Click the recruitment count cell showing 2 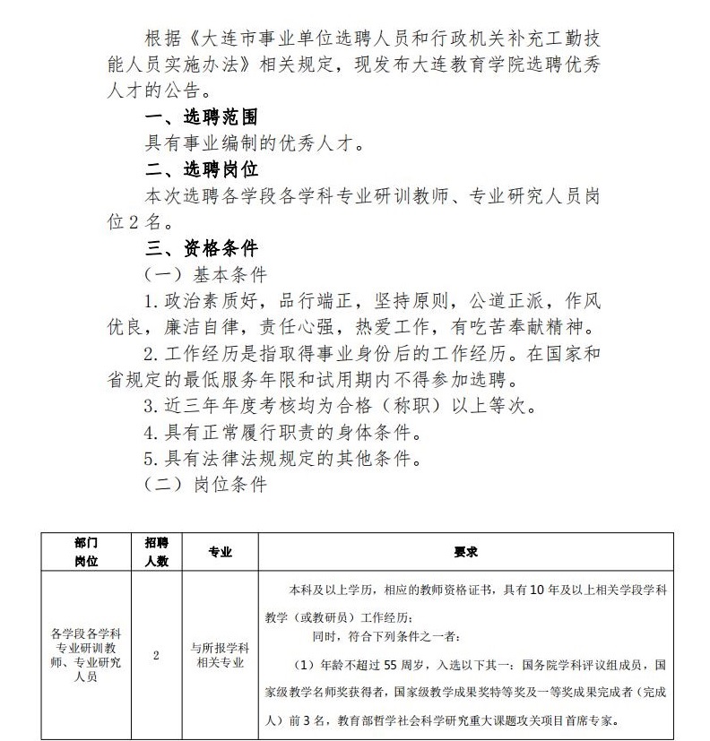pos(157,655)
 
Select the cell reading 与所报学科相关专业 pos(220,655)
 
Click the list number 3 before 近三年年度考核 pos(150,405)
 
